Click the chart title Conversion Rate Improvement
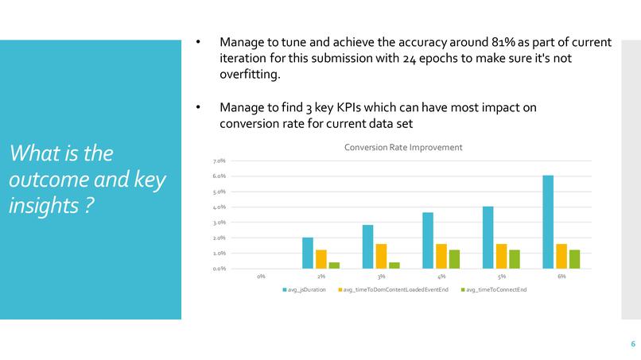click(402, 148)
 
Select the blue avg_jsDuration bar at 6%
click(548, 222)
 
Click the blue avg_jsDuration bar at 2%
click(308, 253)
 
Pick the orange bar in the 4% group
click(441, 256)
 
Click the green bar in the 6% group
click(573, 259)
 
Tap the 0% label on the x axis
click(261, 277)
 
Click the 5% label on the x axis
click(501, 277)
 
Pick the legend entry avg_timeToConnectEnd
click(495, 290)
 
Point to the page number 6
click(632, 344)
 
